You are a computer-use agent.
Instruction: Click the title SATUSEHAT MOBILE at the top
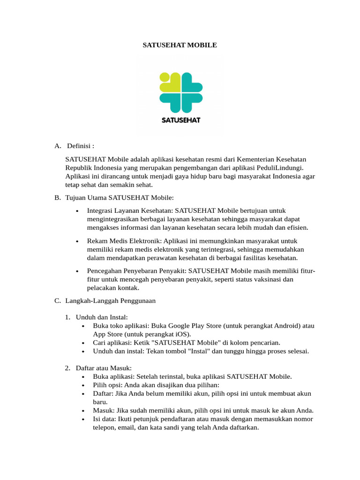180,45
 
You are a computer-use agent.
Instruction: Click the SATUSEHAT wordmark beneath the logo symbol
180,120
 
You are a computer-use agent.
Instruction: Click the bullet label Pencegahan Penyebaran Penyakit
136,271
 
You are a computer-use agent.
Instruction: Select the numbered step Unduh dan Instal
101,317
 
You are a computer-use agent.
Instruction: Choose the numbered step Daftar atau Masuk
104,367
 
